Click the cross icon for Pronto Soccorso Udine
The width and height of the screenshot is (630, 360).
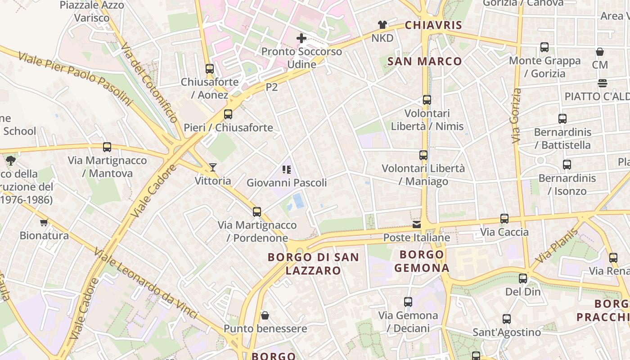(301, 38)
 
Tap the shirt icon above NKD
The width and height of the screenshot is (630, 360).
(382, 25)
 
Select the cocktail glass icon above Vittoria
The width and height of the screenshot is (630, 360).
(213, 167)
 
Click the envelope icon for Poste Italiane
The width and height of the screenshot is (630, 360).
(417, 224)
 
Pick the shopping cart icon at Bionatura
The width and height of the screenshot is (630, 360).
(44, 222)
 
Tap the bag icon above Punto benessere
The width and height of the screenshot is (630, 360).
(265, 315)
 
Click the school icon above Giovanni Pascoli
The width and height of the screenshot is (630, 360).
(287, 170)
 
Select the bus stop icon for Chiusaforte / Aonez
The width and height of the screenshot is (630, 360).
(210, 69)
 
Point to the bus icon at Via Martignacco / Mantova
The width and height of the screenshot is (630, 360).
(107, 147)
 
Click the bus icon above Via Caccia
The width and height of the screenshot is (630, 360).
(504, 219)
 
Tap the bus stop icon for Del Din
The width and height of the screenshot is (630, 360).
(522, 279)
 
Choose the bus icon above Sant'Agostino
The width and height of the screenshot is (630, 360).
(507, 319)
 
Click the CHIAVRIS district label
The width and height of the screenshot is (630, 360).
(433, 25)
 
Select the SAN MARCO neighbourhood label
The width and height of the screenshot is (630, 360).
(424, 61)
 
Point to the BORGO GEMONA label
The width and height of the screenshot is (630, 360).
(422, 261)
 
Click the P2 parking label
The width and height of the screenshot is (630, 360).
(272, 87)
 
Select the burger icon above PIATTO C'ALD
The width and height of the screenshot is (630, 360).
(602, 83)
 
